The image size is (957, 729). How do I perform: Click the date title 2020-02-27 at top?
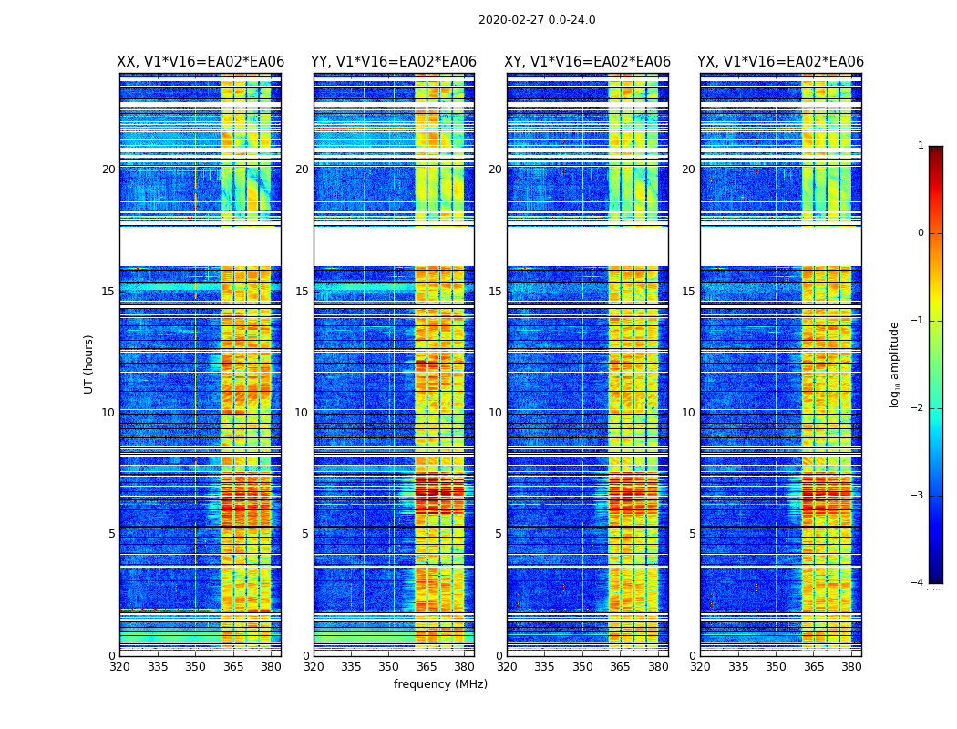click(537, 20)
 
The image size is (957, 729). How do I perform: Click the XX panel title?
click(201, 62)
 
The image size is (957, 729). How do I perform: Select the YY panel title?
click(394, 62)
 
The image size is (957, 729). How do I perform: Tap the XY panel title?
click(588, 62)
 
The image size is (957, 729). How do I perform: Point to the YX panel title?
click(780, 62)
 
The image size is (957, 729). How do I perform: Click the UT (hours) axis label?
click(89, 364)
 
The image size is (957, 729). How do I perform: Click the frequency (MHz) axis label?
click(440, 684)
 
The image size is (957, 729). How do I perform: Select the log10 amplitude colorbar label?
click(895, 364)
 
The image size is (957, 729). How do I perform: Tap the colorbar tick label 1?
click(921, 146)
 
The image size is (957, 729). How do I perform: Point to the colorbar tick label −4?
click(918, 583)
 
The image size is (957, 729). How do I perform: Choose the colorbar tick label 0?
click(921, 233)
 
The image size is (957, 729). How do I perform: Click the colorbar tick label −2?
click(918, 408)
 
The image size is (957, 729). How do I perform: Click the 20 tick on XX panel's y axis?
click(108, 169)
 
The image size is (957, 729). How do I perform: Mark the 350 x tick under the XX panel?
click(195, 667)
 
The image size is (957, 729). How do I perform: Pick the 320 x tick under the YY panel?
click(314, 667)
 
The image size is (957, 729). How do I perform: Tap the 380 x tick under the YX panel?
click(851, 667)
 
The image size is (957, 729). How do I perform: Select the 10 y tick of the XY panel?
click(494, 413)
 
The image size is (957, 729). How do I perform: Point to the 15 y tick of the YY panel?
click(301, 292)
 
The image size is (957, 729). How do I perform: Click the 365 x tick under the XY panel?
click(620, 667)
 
